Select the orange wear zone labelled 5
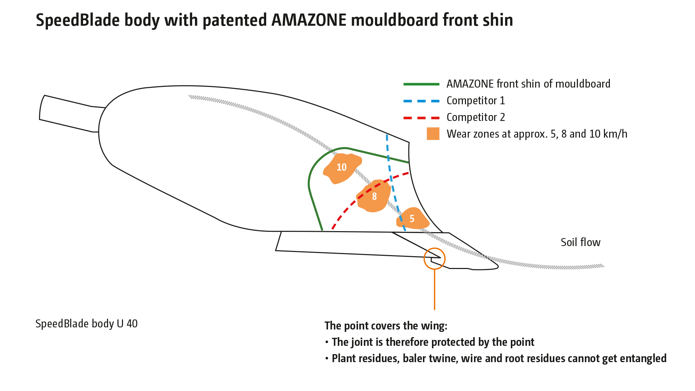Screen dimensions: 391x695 click(412, 219)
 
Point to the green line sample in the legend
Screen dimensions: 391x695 click(421, 84)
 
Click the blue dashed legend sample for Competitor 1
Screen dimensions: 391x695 click(421, 101)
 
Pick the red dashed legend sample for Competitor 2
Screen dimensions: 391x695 click(421, 118)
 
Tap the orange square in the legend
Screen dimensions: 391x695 click(433, 134)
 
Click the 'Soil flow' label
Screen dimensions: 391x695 click(580, 242)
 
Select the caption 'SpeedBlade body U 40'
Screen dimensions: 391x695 click(87, 324)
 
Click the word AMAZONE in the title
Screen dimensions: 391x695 click(309, 20)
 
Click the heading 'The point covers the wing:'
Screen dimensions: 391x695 click(386, 326)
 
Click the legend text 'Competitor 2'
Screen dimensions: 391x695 click(475, 117)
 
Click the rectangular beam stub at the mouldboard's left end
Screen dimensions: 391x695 click(69, 113)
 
